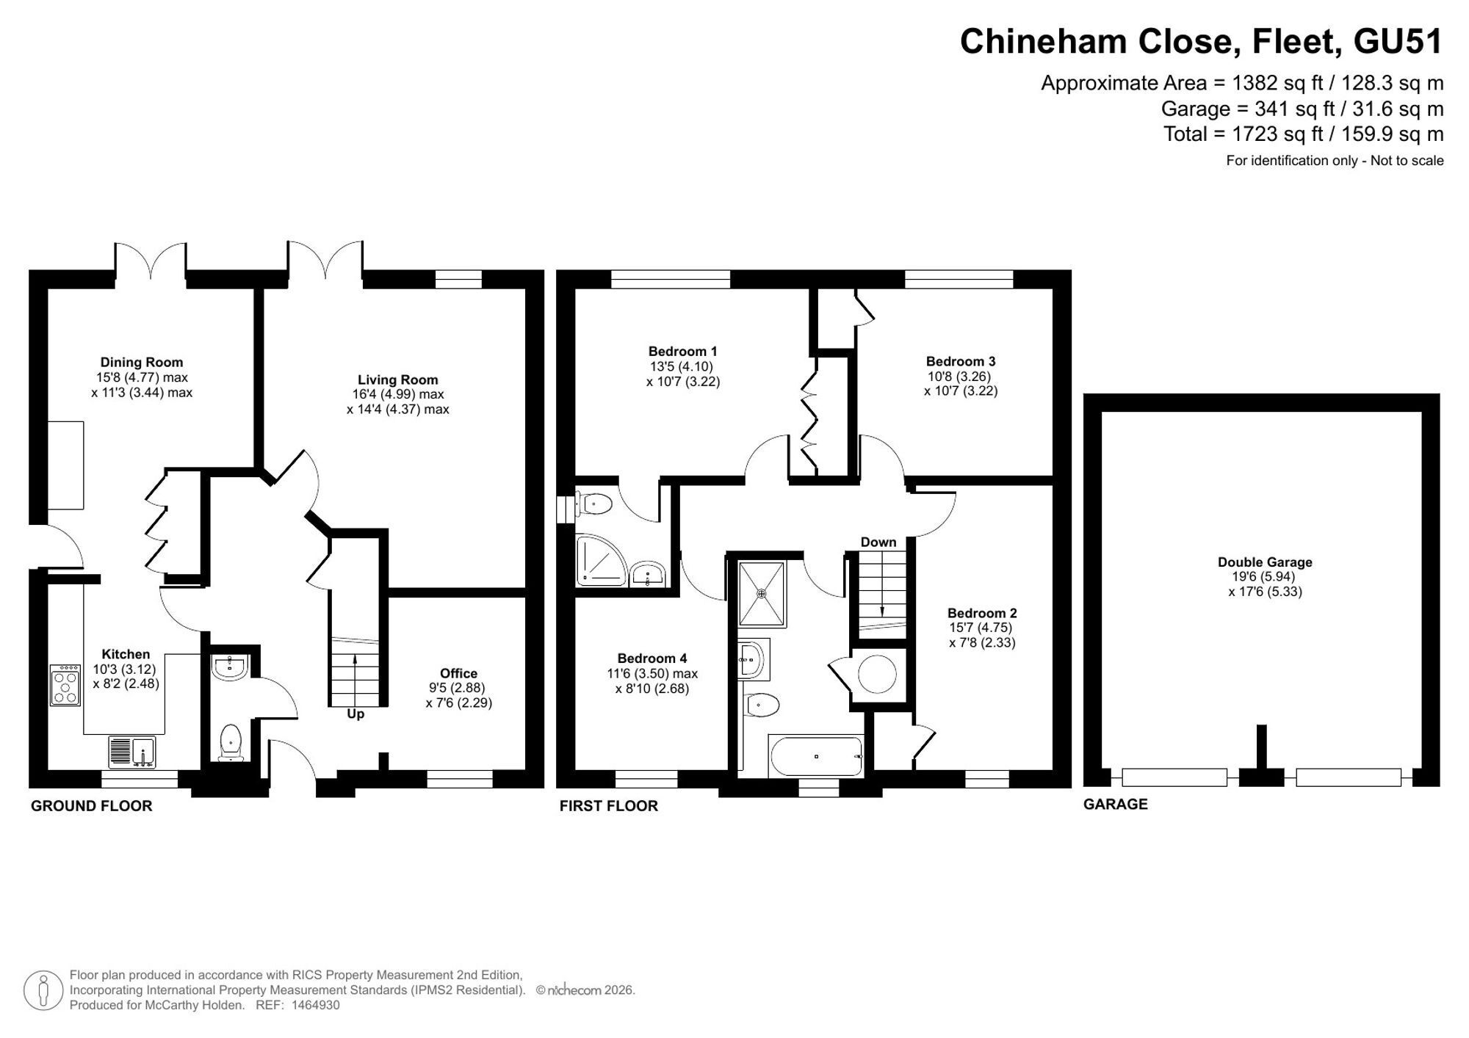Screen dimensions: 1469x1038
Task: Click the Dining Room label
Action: click(142, 362)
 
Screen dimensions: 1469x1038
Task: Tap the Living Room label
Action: click(398, 380)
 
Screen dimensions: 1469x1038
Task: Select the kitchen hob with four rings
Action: click(65, 685)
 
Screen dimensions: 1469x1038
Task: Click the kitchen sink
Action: click(133, 752)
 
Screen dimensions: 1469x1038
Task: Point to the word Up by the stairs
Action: click(355, 714)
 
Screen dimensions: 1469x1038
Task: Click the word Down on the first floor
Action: click(878, 542)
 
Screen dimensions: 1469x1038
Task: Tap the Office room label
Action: click(459, 673)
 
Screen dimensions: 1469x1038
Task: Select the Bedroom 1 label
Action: click(683, 352)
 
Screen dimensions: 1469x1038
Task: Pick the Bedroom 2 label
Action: click(982, 613)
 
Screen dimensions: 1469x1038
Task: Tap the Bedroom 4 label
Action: click(652, 658)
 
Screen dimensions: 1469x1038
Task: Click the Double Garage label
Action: click(1265, 562)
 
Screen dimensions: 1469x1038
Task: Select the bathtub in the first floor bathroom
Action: click(815, 755)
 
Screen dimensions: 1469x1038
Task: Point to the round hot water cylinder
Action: click(877, 674)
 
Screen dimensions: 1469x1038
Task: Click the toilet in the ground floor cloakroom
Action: click(231, 743)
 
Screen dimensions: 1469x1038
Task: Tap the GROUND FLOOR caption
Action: click(92, 806)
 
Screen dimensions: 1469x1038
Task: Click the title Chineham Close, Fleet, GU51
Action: click(1202, 41)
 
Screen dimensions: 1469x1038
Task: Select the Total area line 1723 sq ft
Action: click(1304, 134)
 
